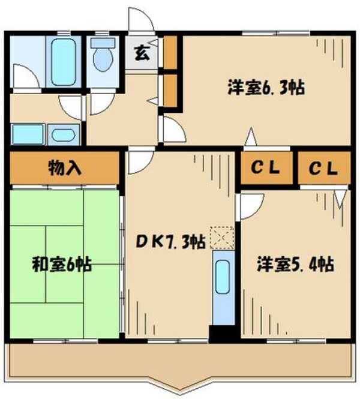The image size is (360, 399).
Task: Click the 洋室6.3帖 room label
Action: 266,88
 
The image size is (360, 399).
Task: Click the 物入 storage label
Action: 64,169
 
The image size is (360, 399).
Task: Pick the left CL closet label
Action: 266,169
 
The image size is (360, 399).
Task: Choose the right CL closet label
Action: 323,169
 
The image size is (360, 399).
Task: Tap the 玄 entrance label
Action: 142,53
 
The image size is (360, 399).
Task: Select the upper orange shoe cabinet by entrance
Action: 170,53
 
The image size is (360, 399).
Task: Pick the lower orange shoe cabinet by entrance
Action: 170,89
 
